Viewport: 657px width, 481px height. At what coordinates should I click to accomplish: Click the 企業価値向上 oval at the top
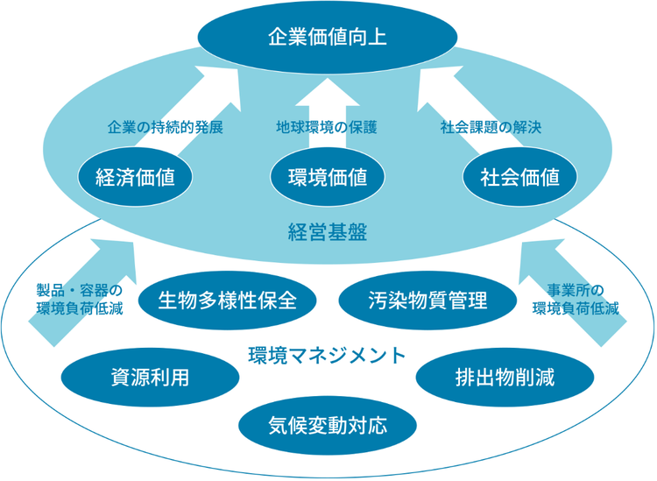[327, 38]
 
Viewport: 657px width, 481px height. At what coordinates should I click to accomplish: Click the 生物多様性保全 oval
[227, 301]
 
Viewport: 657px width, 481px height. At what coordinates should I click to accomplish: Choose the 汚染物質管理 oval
[427, 301]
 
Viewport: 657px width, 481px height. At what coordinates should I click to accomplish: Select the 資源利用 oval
[150, 377]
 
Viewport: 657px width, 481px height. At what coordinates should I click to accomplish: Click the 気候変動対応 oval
[327, 426]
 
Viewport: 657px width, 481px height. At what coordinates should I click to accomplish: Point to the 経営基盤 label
[327, 232]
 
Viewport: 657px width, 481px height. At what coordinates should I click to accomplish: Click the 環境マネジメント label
[327, 356]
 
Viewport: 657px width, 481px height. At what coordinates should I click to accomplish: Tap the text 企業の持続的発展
[166, 127]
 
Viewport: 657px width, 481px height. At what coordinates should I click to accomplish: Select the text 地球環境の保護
[327, 127]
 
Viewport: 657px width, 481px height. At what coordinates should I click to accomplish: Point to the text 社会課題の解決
[491, 127]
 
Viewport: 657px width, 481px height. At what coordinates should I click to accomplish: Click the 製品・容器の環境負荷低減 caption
[80, 299]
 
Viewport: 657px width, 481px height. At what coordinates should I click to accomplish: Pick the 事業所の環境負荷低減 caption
[576, 299]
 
